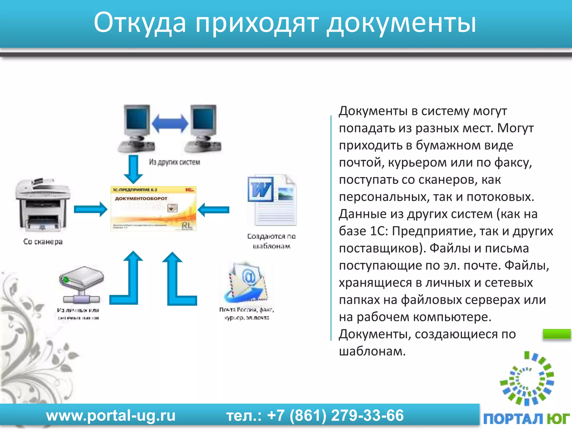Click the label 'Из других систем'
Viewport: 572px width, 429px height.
(175, 162)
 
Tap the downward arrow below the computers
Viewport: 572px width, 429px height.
(133, 169)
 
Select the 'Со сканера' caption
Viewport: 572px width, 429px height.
(43, 242)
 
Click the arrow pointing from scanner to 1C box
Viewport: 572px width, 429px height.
(90, 209)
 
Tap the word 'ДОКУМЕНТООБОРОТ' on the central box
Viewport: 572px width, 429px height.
(141, 199)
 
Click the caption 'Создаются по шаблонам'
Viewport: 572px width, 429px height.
(271, 241)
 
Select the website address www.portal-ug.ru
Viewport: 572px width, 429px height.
(111, 416)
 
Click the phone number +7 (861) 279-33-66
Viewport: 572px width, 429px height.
(335, 416)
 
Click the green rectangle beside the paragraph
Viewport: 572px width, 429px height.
(557, 334)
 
